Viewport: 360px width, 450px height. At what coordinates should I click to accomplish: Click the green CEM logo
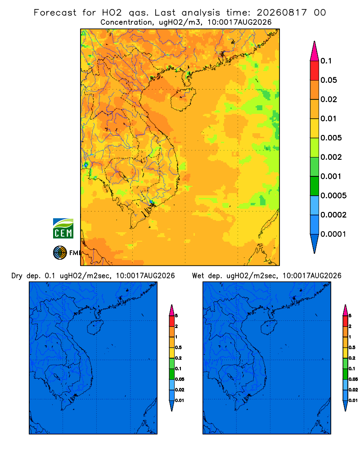63,228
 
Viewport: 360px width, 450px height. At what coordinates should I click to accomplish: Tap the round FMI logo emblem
60,252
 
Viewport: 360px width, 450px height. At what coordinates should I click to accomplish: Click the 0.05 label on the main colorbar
328,80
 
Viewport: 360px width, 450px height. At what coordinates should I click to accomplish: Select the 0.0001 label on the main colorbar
333,234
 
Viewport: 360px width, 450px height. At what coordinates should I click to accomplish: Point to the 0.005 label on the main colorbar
331,138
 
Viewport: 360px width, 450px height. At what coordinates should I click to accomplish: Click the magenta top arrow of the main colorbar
315,51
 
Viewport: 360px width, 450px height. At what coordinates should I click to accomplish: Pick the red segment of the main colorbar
315,71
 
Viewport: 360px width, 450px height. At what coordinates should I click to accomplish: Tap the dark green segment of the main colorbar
315,186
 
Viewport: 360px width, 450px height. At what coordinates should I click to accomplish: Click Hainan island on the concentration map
183,99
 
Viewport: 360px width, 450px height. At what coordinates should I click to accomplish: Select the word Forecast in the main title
55,13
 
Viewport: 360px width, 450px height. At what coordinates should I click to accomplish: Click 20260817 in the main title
281,13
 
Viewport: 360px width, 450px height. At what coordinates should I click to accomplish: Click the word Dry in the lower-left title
17,276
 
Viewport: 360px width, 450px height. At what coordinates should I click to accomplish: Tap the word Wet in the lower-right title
198,276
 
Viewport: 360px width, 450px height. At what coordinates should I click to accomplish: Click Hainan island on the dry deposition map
95,328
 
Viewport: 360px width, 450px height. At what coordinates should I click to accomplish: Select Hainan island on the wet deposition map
269,328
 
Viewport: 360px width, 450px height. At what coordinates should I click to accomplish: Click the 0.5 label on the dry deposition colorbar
178,347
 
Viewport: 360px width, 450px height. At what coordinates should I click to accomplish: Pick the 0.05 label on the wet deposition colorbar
353,379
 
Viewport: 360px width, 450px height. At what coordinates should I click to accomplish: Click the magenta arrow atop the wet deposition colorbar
345,310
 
